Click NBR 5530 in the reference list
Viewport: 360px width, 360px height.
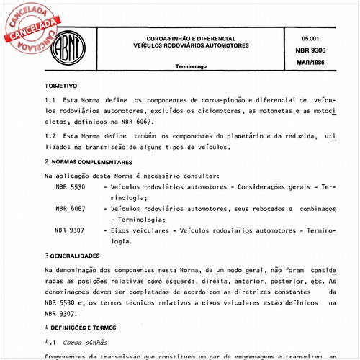71,186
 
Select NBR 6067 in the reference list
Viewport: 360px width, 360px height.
71,208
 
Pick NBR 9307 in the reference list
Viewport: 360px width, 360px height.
71,230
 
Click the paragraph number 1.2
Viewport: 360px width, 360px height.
50,135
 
